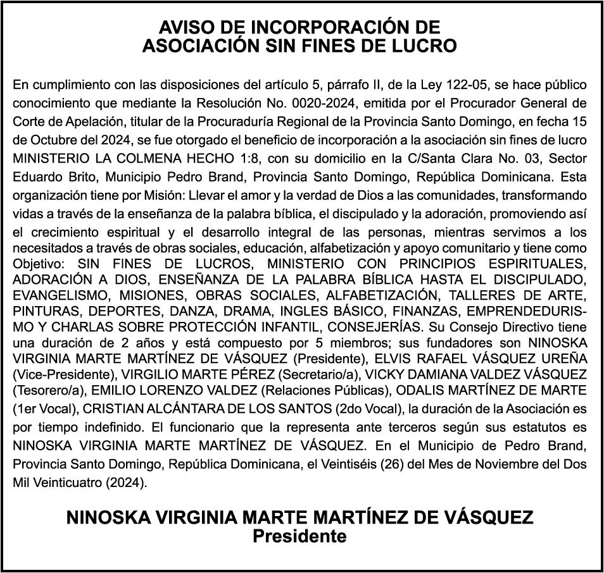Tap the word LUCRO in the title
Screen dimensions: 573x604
pyautogui.click(x=425, y=46)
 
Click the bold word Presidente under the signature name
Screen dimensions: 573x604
pyautogui.click(x=300, y=537)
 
